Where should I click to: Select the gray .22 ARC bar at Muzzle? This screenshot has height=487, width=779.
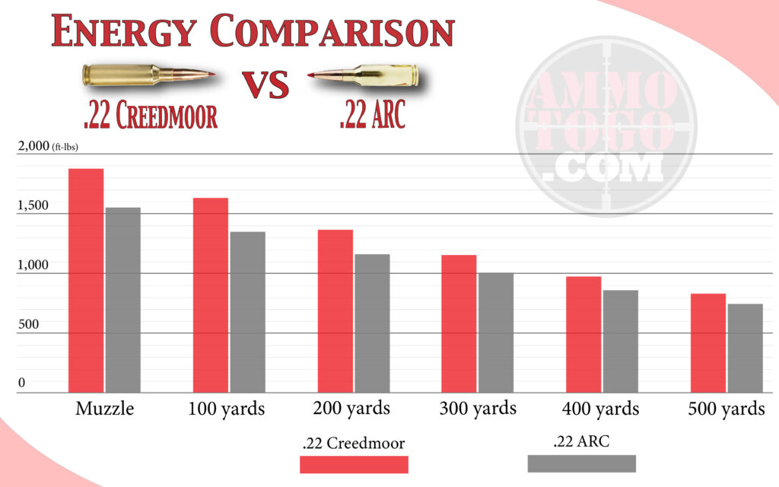[122, 300]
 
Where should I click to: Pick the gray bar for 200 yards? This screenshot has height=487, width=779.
[372, 323]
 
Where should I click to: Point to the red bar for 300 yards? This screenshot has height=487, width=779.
[459, 323]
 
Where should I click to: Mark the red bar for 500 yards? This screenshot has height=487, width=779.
[707, 342]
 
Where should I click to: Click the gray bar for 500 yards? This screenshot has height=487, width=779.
[745, 348]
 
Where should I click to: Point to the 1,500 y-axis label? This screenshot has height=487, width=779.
[32, 205]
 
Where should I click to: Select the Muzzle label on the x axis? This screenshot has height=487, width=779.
[105, 409]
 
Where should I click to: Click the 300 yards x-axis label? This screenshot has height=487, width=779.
[478, 409]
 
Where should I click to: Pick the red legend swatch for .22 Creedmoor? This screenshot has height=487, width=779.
[355, 464]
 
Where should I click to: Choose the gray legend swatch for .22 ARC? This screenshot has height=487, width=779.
[581, 463]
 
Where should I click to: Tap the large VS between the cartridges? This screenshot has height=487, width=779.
[265, 85]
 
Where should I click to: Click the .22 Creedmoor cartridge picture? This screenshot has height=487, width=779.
[148, 75]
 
